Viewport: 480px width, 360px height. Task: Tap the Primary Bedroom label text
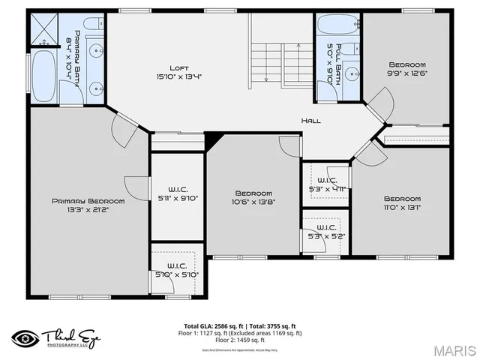88,201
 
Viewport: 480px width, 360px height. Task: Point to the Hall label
312,121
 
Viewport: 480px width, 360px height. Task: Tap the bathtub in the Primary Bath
43,76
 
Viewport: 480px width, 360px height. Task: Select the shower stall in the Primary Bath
43,30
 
